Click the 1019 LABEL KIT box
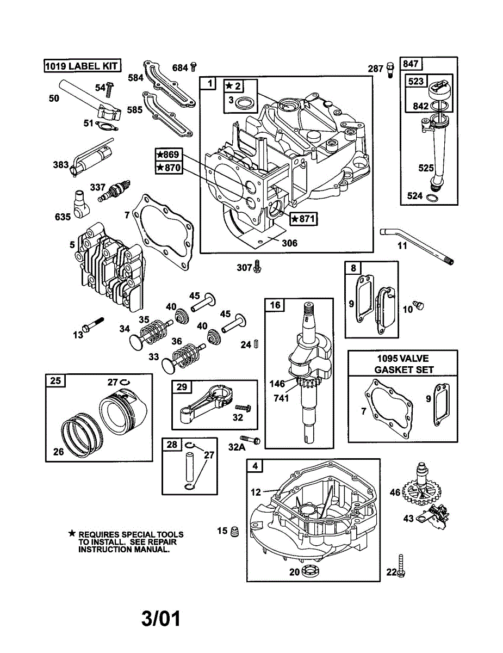point(83,65)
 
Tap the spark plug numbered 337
point(114,191)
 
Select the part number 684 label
point(180,68)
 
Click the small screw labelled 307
point(257,266)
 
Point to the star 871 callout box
point(303,219)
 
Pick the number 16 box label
point(275,305)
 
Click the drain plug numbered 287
point(390,70)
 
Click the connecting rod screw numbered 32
point(243,408)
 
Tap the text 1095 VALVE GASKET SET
point(403,364)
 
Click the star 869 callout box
point(169,155)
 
